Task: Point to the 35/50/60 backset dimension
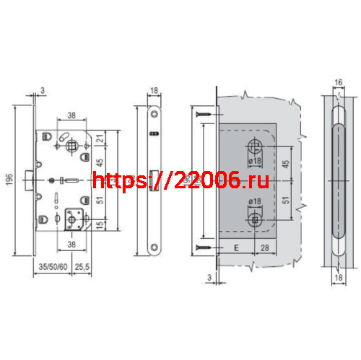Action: pos(51,266)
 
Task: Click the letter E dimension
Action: pos(235,250)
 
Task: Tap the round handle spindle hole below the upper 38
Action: pos(74,146)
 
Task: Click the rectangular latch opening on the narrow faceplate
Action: pos(153,179)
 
